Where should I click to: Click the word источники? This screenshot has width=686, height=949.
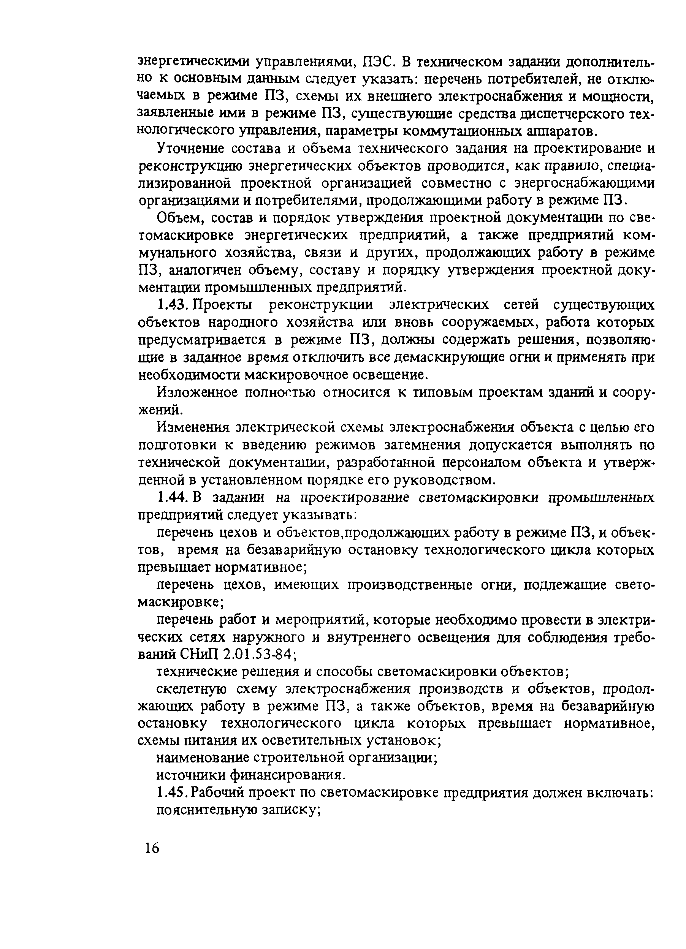coord(190,775)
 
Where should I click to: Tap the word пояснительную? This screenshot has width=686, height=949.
coord(205,810)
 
